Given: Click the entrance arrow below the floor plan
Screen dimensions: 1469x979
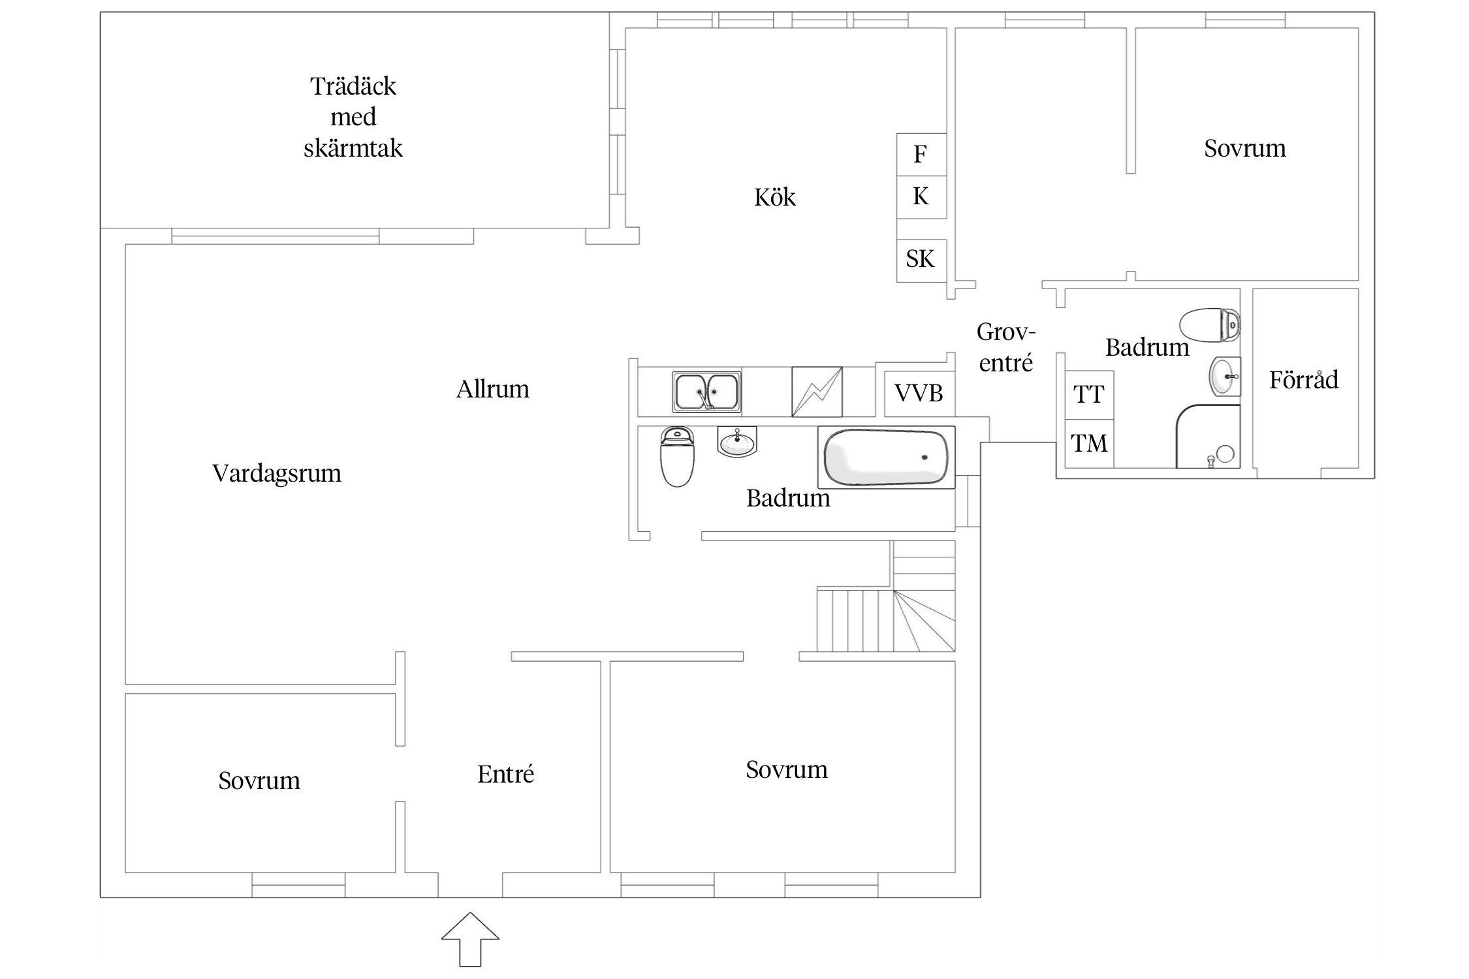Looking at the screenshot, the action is tap(470, 939).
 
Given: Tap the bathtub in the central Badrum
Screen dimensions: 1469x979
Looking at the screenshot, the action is tap(886, 457).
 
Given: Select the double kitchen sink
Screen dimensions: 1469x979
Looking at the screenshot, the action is tap(707, 392).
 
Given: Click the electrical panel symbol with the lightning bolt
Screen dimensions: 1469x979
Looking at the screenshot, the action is tap(817, 392).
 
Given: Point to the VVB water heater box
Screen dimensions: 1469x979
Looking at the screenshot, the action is tap(919, 394).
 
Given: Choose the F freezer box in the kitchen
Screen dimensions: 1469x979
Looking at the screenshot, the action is tap(921, 155).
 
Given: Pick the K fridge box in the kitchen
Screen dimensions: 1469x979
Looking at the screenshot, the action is tap(921, 197).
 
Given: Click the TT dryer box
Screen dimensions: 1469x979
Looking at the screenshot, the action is tap(1089, 395).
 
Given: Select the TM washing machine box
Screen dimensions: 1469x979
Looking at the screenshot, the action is tap(1089, 444).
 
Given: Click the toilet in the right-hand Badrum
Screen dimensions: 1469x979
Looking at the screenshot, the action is tap(1210, 325).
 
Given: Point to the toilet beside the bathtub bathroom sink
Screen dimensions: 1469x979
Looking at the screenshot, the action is tap(678, 456).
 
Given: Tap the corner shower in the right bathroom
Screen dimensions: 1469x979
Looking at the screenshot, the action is tap(1208, 436).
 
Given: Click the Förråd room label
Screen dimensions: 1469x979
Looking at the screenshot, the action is tap(1304, 379).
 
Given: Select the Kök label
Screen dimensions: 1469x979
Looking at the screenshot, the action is tap(775, 197).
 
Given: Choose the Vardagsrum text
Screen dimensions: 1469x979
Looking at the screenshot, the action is tap(277, 474).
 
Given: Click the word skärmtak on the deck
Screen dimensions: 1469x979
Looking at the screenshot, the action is tap(353, 148).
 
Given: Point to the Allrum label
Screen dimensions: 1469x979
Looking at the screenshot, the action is tap(493, 390).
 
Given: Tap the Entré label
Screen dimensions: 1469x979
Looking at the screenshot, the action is tap(506, 774).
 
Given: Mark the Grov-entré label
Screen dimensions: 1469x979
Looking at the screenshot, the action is tap(1006, 348).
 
